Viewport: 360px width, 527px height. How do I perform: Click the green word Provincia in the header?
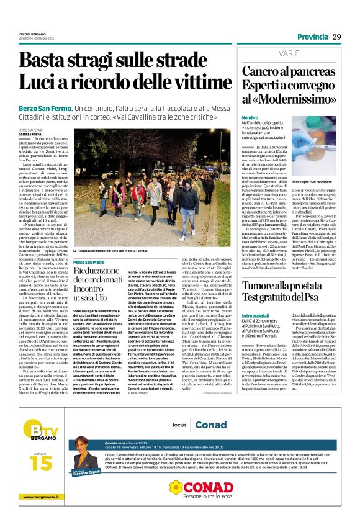[x=312, y=37]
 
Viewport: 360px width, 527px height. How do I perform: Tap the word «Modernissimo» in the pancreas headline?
[x=282, y=98]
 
